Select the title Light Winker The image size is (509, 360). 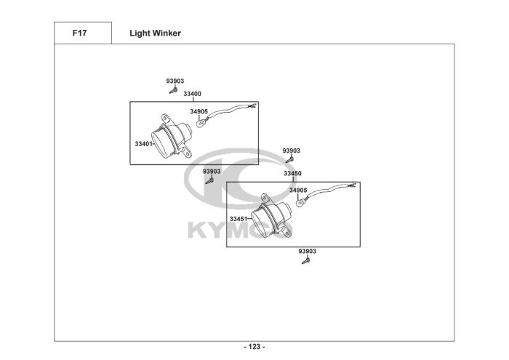(155, 33)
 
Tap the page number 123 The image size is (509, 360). (254, 346)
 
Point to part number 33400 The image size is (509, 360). (193, 94)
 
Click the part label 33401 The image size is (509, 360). (143, 143)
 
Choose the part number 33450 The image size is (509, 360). (292, 174)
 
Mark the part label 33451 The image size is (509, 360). (239, 218)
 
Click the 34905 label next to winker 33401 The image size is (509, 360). (199, 111)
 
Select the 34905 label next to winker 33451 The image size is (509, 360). (298, 191)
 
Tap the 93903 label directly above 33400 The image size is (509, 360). (175, 81)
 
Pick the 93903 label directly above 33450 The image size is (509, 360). (291, 151)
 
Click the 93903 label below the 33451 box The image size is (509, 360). (307, 252)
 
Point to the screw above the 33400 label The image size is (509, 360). (174, 90)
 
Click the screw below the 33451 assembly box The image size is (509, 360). (305, 261)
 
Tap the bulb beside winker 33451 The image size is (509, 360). (300, 203)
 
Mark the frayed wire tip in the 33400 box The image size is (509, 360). (253, 107)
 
